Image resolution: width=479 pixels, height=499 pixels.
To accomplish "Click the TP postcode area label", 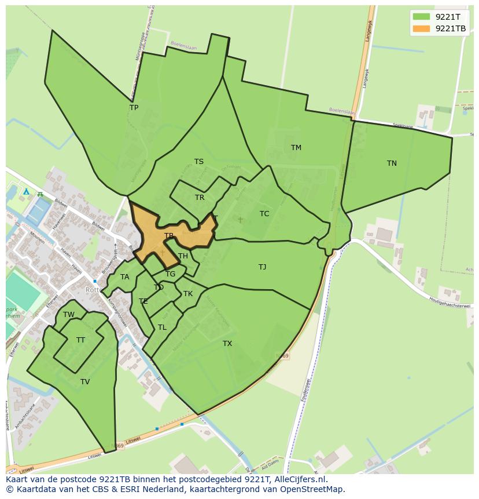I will point(134,108).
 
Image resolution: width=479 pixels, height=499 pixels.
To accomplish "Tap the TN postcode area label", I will point(392,163).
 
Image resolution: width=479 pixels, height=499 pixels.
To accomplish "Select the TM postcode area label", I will point(296,148).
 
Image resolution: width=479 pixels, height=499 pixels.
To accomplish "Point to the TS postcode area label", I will point(198,162).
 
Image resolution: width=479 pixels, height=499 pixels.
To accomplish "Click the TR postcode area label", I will point(200,198).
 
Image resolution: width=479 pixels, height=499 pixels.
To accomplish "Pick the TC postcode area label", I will point(264,214).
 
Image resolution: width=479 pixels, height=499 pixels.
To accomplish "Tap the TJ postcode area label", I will point(262,267).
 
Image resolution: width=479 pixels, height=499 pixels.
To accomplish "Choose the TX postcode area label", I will point(227,344).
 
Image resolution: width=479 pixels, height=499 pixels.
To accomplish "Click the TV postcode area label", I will point(85,382).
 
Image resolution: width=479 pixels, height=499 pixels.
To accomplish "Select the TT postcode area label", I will point(80,340).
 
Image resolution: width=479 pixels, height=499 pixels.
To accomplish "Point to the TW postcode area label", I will point(69,315).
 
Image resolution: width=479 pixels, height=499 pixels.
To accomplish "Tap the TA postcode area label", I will point(124,277).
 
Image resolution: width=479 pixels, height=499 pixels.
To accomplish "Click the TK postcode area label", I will point(188,294).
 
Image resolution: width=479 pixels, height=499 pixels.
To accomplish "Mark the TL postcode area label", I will point(162,327).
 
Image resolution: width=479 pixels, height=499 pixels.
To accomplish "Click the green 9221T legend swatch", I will point(422,16).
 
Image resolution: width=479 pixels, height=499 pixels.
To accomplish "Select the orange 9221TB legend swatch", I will point(422,28).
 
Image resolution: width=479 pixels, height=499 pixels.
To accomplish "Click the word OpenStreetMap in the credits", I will point(311,489).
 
